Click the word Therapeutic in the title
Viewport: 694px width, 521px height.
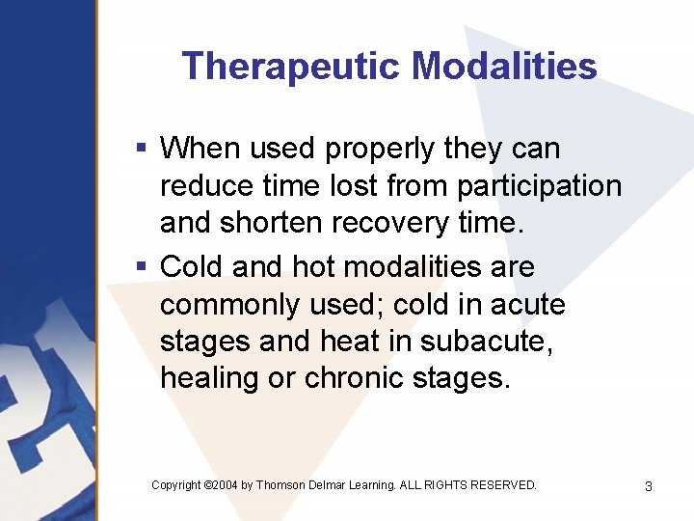coord(291,67)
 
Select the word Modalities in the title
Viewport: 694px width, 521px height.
coord(504,67)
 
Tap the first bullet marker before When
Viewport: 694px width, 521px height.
coord(141,149)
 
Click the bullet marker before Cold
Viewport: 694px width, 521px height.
coord(141,266)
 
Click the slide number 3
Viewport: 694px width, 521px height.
coord(648,486)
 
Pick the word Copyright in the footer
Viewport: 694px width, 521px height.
coord(176,485)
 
